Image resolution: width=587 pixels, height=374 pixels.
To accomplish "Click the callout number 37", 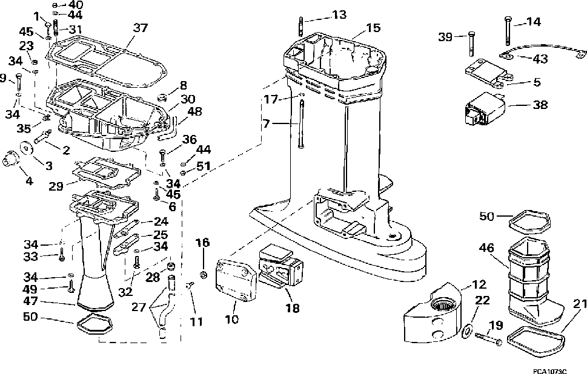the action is (141, 28).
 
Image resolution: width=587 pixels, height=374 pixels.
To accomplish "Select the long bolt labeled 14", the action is (507, 31).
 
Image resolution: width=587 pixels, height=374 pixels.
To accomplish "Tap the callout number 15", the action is (373, 28).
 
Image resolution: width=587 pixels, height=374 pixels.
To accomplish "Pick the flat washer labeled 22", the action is (466, 321).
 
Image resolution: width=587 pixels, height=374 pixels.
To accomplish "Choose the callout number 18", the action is (293, 308).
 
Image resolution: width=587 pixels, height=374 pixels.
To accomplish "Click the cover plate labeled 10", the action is (236, 280).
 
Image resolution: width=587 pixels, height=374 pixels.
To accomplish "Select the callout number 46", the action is (486, 248).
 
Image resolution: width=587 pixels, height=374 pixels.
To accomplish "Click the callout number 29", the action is (56, 186).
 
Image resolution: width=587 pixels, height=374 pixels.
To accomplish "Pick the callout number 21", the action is (580, 304).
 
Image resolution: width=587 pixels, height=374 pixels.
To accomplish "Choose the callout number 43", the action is (540, 59).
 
